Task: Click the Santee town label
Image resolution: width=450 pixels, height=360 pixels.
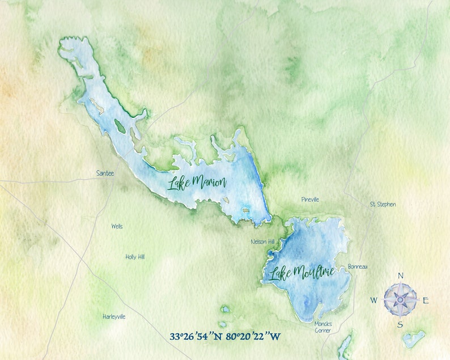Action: click(105, 173)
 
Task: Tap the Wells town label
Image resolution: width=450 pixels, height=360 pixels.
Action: click(117, 226)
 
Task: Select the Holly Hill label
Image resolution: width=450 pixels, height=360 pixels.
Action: click(135, 257)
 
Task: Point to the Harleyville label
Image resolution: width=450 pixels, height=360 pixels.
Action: click(114, 316)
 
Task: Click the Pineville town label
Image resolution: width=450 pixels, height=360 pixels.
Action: click(310, 200)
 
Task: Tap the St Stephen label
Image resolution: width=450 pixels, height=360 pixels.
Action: click(383, 204)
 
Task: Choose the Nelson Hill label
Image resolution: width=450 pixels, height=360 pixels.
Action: click(262, 242)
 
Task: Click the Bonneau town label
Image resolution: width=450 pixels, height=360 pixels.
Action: click(358, 266)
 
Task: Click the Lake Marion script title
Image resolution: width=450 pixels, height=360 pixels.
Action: click(197, 183)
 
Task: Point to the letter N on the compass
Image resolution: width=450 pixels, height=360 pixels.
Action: click(401, 276)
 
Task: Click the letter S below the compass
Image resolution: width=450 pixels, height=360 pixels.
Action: click(400, 324)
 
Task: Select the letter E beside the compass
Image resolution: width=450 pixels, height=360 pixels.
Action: click(426, 300)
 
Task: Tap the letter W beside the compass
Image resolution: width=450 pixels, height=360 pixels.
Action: click(375, 300)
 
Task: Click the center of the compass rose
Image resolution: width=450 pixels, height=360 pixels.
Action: click(400, 299)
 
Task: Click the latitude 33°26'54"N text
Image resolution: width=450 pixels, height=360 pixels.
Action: click(197, 336)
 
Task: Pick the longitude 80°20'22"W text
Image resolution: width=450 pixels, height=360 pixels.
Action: click(253, 336)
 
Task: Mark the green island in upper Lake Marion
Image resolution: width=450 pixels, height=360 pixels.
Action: click(120, 125)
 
